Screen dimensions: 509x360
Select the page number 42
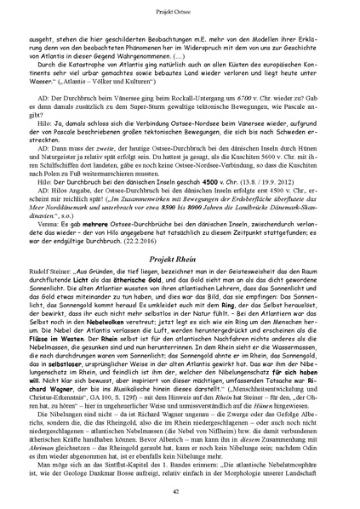click(180, 493)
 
